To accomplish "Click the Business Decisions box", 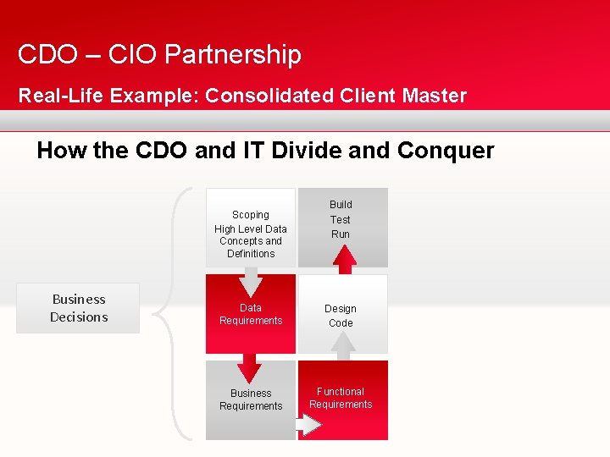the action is coord(78,308).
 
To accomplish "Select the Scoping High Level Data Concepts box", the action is coord(251,228).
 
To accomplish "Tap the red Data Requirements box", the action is coord(251,314).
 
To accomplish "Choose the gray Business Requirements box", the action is coord(251,400).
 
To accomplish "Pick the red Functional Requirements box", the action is coord(342,398).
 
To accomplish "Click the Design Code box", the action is coord(342,315).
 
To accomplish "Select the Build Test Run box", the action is coord(342,219).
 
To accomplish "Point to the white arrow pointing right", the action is coord(311,425).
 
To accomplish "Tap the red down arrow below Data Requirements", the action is coord(249,366).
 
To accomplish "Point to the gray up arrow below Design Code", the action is coord(342,343).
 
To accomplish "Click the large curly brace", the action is coord(169,313).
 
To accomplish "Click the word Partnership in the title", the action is coord(233,55).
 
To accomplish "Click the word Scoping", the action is coord(251,215).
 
